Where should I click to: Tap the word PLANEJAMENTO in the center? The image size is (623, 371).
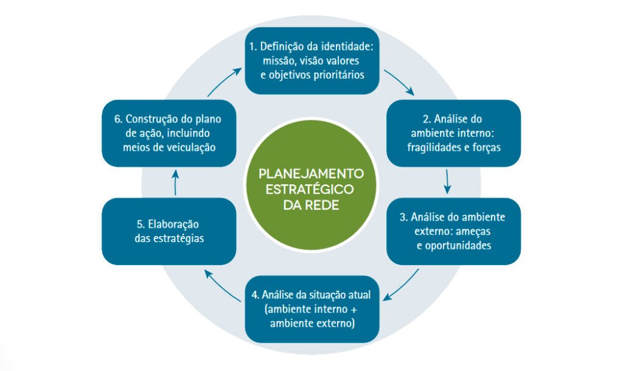[x=311, y=173]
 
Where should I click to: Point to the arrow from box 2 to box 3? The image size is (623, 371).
[x=448, y=181]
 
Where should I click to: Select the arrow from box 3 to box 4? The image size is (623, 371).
[x=402, y=285]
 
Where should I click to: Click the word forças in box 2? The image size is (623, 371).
[x=486, y=147]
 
